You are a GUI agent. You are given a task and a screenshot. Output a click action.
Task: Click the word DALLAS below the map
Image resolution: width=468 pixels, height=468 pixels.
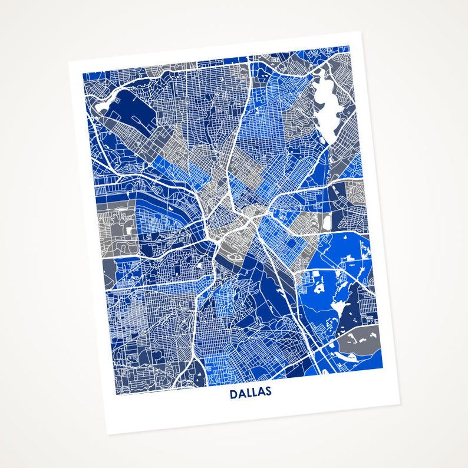(251, 393)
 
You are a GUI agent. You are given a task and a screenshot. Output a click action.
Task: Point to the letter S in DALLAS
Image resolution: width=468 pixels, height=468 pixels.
(268, 391)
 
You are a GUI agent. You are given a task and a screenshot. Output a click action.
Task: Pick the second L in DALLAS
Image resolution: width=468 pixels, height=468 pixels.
(255, 393)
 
